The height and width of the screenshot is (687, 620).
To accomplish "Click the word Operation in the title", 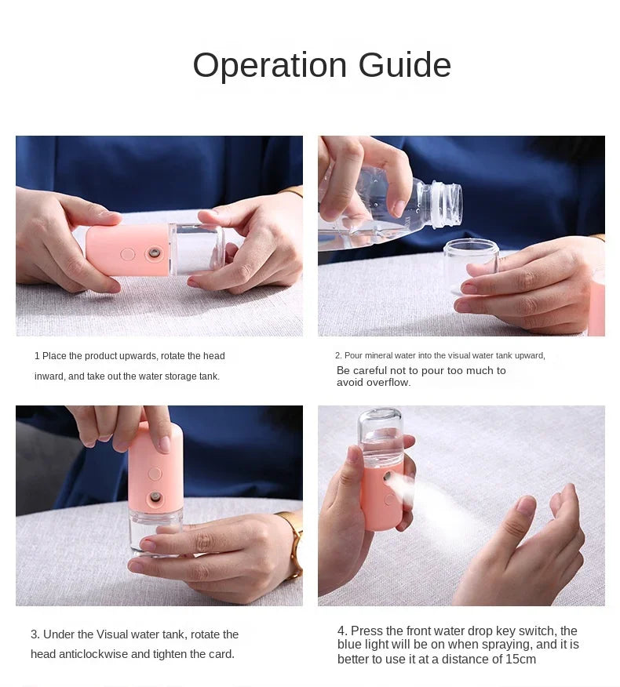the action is tap(270, 66).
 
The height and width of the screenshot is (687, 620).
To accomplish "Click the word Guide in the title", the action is tap(405, 65).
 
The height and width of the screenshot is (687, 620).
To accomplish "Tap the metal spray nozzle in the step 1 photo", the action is tap(155, 253).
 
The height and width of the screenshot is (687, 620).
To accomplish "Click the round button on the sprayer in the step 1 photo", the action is tap(128, 254).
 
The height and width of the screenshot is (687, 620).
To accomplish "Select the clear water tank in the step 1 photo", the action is tap(196, 249).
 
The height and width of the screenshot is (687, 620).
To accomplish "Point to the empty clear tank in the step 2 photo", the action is tap(471, 267).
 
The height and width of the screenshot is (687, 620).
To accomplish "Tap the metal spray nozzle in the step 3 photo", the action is tap(155, 498).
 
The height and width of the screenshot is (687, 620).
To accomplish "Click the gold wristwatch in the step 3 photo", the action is tap(294, 543).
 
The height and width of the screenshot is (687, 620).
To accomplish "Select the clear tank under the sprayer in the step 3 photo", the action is tap(155, 533).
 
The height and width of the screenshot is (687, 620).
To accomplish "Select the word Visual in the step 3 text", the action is tap(111, 634).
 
